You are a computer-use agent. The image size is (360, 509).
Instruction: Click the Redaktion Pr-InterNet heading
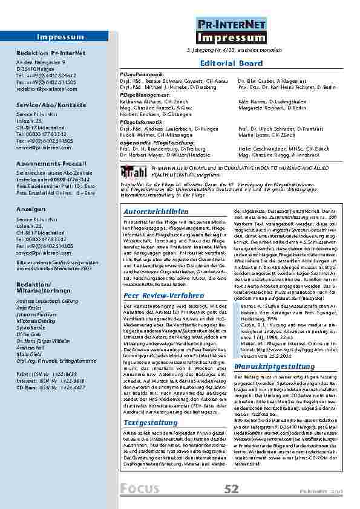[46, 53]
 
